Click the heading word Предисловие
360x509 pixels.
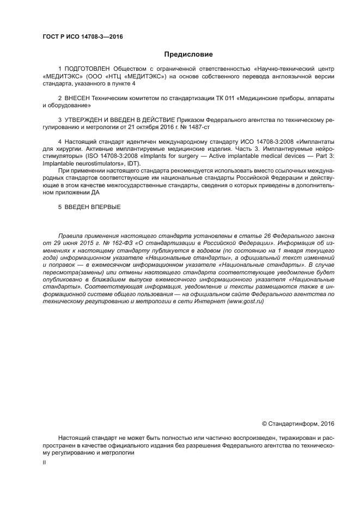(188, 54)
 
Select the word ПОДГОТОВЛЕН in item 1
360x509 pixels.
(87, 69)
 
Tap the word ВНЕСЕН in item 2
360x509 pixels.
(77, 97)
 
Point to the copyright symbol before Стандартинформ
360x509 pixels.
(265, 424)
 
